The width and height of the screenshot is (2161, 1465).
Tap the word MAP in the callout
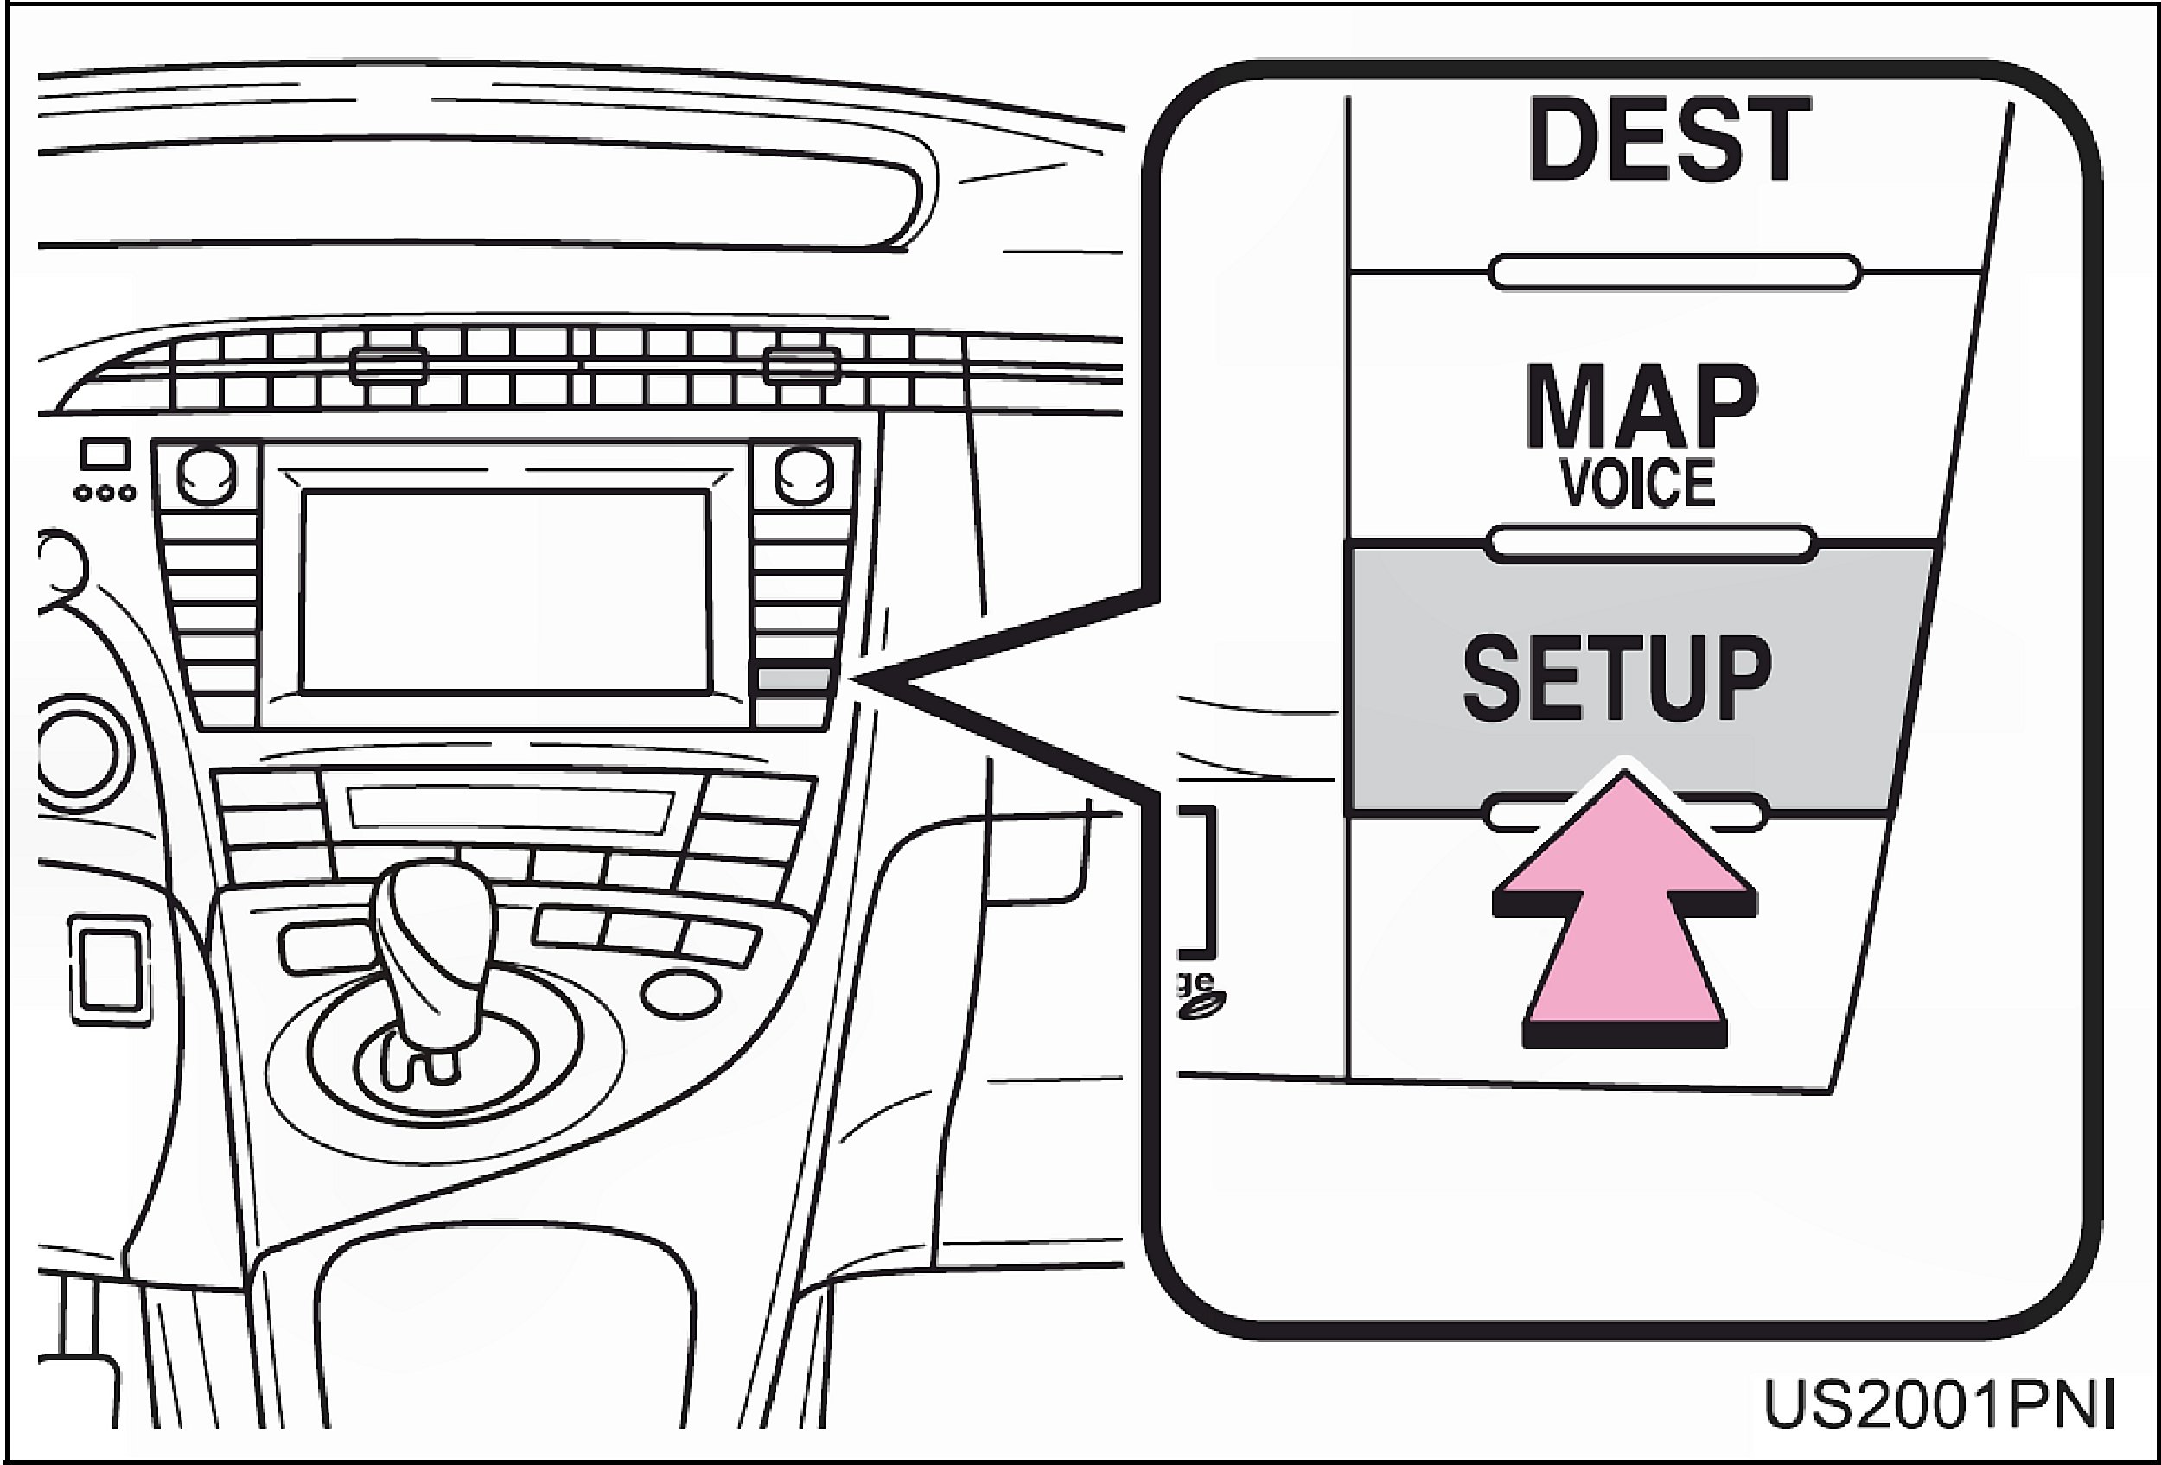click(1641, 406)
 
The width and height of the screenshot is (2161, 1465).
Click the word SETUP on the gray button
click(1617, 679)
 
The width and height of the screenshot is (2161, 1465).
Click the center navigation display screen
click(505, 591)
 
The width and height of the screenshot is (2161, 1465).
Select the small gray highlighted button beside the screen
click(794, 678)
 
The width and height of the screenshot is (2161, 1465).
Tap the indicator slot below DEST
click(1674, 272)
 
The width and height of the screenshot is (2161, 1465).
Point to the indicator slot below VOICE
click(1650, 544)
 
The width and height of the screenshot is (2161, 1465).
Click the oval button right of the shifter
click(680, 993)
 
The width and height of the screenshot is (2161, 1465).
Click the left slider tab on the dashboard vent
click(389, 366)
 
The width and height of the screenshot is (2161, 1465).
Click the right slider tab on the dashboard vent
click(801, 366)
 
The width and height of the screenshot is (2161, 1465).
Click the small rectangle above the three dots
click(105, 455)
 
